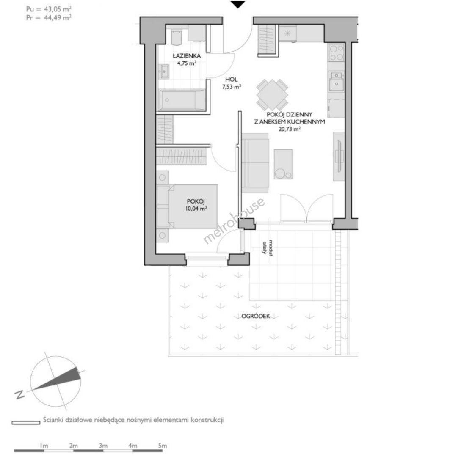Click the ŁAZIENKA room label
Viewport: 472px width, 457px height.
tap(187, 56)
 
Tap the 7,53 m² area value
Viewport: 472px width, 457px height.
tap(232, 87)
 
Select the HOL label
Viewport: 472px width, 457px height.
tap(232, 80)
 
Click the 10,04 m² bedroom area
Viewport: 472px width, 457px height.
tap(196, 209)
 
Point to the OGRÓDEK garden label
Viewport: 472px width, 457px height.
tap(256, 316)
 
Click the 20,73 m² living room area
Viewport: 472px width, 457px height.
tap(290, 129)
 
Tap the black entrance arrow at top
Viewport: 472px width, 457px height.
tap(238, 4)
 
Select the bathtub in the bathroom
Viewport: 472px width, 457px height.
tap(182, 100)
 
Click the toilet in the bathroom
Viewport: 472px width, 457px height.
tap(176, 37)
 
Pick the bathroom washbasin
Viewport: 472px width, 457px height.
tap(164, 72)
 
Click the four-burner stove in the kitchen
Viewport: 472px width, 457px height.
tap(337, 52)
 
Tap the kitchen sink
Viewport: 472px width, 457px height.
tap(336, 81)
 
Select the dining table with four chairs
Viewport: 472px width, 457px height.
tap(273, 95)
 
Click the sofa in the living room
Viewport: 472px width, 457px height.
tap(255, 163)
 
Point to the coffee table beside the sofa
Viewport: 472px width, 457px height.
tap(283, 164)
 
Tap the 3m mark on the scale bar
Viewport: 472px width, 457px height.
tap(103, 446)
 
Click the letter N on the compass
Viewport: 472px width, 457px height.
tap(20, 394)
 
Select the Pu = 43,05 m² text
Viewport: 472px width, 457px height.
tap(49, 9)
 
